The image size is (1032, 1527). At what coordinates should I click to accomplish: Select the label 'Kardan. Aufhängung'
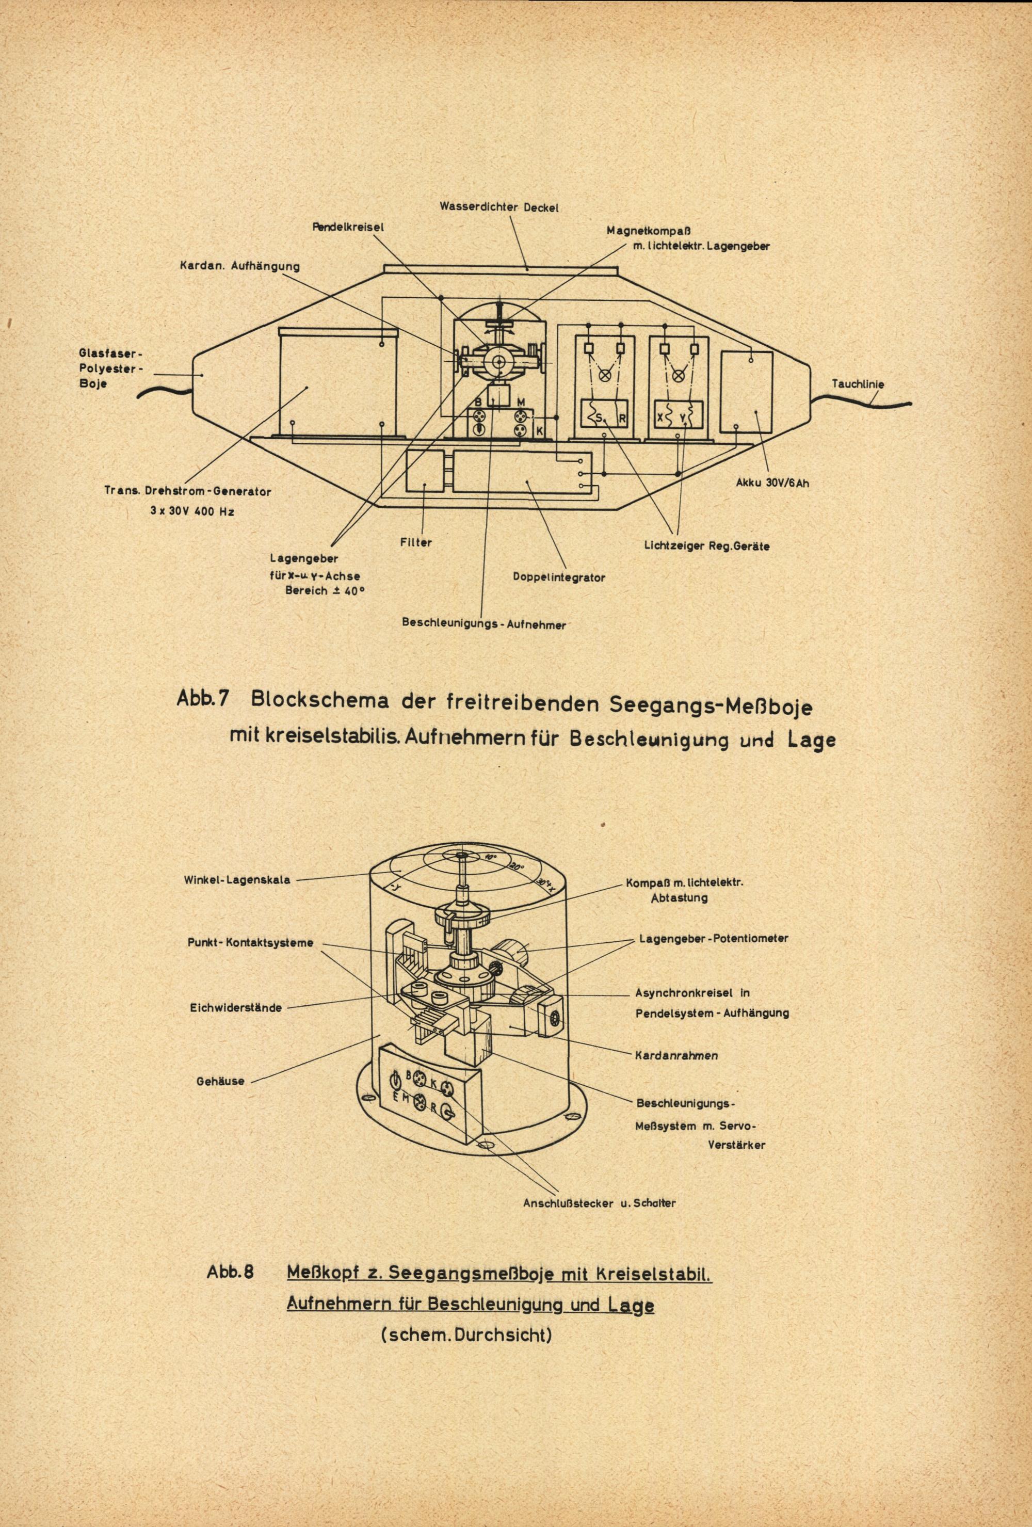point(240,266)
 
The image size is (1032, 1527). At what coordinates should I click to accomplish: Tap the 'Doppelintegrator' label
point(558,577)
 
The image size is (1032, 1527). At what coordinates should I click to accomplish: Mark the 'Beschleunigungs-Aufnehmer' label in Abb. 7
point(483,625)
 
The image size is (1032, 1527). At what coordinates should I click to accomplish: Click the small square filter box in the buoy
point(426,471)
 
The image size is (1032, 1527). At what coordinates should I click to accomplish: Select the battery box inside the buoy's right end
point(746,392)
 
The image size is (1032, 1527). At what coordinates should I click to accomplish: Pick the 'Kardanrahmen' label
point(676,1055)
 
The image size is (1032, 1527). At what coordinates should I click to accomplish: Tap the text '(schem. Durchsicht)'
point(465,1314)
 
